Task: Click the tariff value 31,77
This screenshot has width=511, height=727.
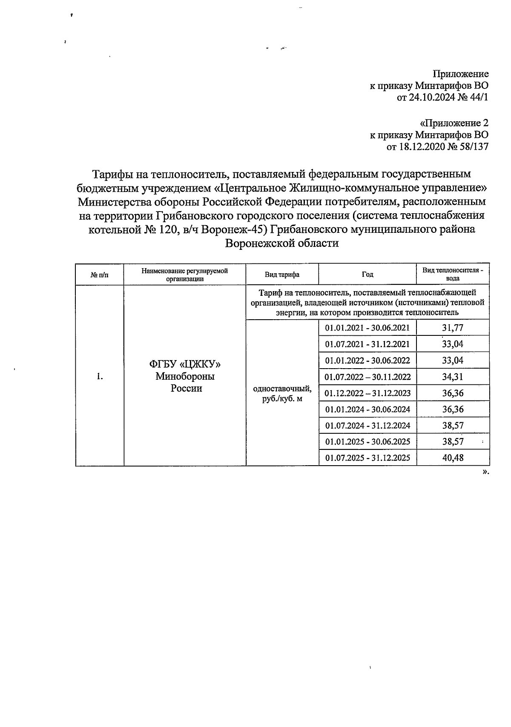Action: [x=452, y=328]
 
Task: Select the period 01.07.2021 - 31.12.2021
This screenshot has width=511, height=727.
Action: [x=367, y=344]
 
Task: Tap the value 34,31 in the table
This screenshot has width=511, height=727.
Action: [x=452, y=377]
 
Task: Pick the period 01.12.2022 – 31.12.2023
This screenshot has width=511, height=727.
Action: [x=367, y=393]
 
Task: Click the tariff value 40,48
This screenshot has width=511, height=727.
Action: [x=452, y=458]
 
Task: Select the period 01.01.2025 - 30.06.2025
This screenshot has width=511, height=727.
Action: [x=367, y=442]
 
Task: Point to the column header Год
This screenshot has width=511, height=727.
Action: [x=367, y=275]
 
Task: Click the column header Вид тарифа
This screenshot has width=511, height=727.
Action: [x=282, y=275]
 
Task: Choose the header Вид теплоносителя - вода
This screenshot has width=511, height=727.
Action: [x=452, y=275]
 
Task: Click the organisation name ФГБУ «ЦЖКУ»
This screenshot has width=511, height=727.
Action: [x=185, y=364]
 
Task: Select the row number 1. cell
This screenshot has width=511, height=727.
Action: [x=100, y=376]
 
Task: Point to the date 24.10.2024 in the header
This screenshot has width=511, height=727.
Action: [x=429, y=97]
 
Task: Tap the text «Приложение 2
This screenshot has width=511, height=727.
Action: [x=454, y=123]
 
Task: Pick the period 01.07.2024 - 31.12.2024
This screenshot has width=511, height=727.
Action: [x=367, y=426]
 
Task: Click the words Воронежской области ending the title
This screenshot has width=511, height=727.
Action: [x=281, y=243]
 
